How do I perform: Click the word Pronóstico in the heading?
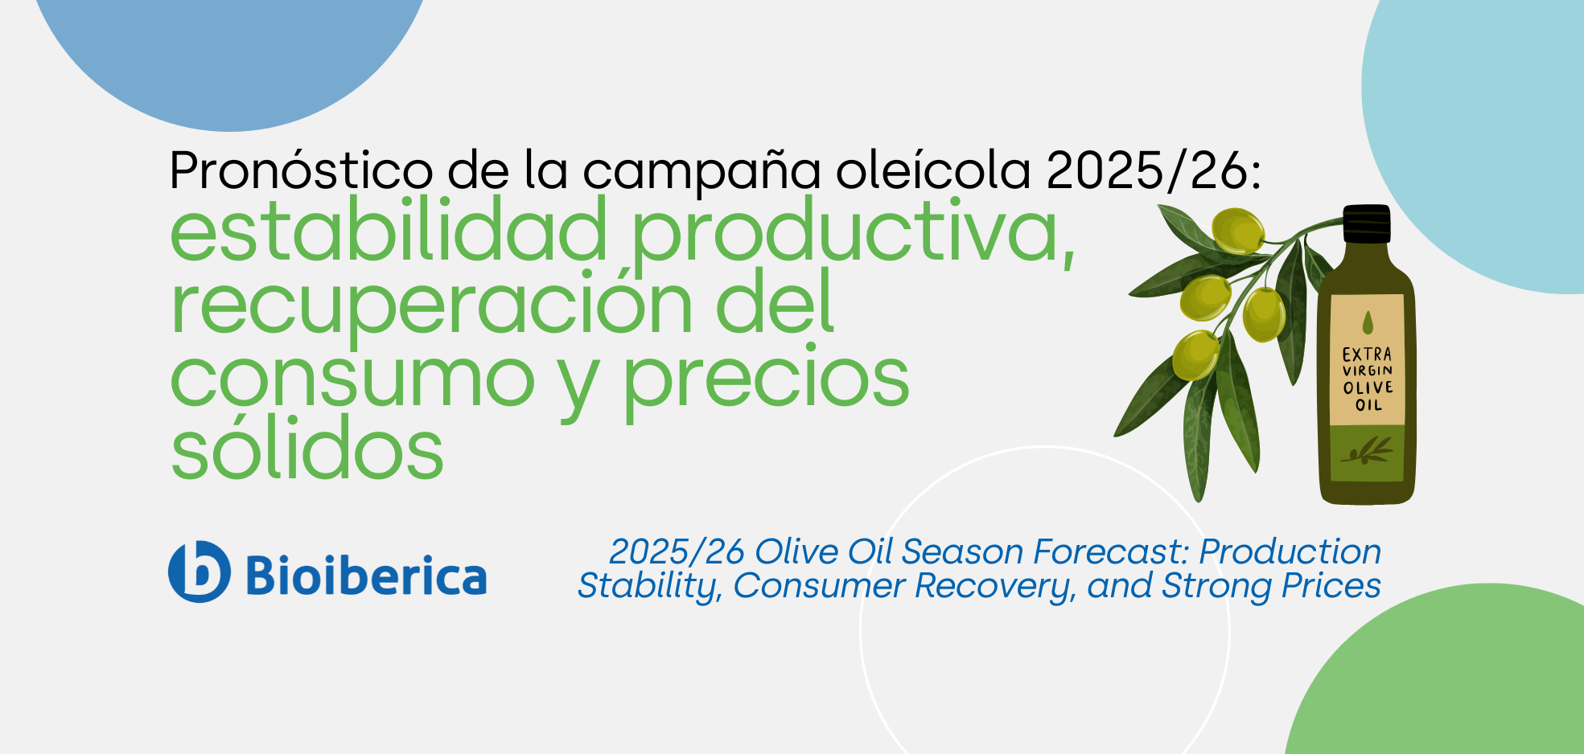[x=301, y=170]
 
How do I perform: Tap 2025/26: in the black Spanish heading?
[x=1154, y=170]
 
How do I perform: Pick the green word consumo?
[x=352, y=378]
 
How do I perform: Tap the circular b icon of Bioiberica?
[x=199, y=572]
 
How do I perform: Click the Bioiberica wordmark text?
[x=366, y=576]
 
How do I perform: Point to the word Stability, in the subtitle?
[x=650, y=587]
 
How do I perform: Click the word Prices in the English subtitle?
[x=1331, y=585]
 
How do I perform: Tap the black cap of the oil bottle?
[x=1367, y=223]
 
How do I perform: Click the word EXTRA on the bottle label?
[x=1367, y=354]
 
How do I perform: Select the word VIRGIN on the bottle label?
[x=1367, y=371]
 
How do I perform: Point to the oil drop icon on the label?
[x=1368, y=322]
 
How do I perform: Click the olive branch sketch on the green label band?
[x=1368, y=451]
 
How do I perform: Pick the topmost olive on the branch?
[x=1237, y=230]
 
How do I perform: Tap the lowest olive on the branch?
[x=1195, y=354]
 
